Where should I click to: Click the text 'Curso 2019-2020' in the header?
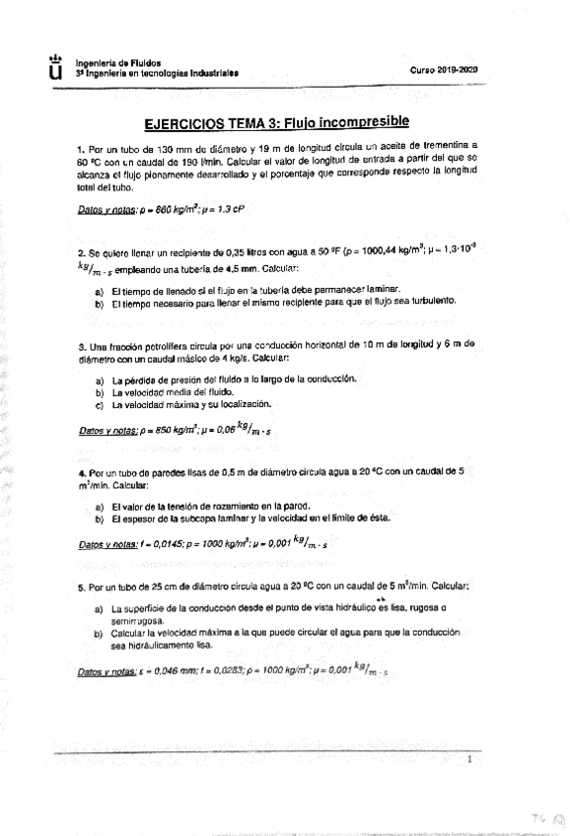pyautogui.click(x=444, y=70)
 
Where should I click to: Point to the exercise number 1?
pyautogui.click(x=80, y=145)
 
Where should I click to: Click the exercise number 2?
pyautogui.click(x=80, y=253)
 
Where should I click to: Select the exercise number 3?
pyautogui.click(x=80, y=345)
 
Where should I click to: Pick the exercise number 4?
pyautogui.click(x=80, y=472)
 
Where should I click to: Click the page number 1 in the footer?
pyautogui.click(x=469, y=760)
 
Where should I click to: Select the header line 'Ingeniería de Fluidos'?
pyautogui.click(x=117, y=62)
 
